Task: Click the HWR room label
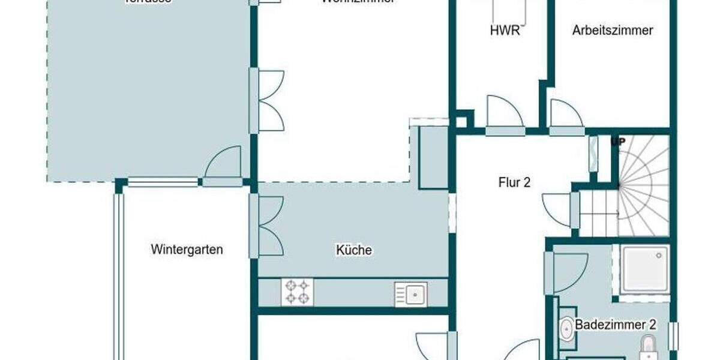click(505, 31)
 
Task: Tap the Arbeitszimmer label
click(612, 31)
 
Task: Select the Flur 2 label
click(514, 182)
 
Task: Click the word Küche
click(354, 250)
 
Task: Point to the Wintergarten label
click(187, 249)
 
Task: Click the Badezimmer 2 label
click(615, 325)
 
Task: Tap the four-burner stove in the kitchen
click(297, 292)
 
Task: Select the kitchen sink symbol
click(411, 294)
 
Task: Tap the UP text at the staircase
click(617, 142)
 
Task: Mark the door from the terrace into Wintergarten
click(223, 165)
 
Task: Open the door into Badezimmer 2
click(567, 273)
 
